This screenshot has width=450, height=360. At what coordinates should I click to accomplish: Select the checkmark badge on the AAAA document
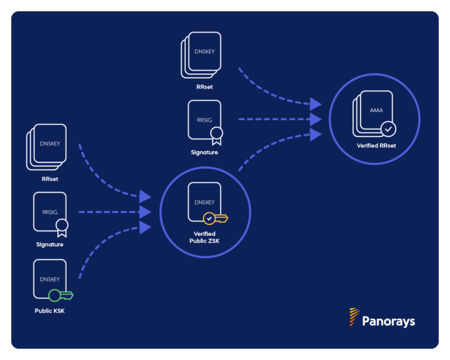388,128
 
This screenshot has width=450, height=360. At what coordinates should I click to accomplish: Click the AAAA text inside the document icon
376,110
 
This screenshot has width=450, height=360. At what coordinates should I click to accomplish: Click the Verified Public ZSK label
204,237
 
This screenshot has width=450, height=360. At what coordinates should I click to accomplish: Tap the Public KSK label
50,311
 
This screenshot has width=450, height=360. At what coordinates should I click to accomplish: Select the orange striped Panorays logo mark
354,317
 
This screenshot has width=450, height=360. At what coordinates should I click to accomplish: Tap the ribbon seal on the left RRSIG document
62,226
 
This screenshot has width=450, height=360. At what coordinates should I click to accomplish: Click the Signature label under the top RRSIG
204,152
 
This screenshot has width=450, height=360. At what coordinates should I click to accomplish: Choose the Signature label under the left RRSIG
50,244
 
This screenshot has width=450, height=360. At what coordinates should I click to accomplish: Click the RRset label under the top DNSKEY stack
204,87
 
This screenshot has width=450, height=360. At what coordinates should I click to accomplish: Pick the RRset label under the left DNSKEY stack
50,179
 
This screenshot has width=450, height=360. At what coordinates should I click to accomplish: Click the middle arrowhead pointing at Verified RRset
316,120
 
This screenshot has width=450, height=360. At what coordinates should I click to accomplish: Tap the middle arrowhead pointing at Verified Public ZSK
145,212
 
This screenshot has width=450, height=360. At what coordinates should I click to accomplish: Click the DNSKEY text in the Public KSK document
50,280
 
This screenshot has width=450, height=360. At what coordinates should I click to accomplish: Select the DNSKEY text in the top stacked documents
204,52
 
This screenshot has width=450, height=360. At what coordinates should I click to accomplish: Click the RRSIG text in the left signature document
50,212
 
